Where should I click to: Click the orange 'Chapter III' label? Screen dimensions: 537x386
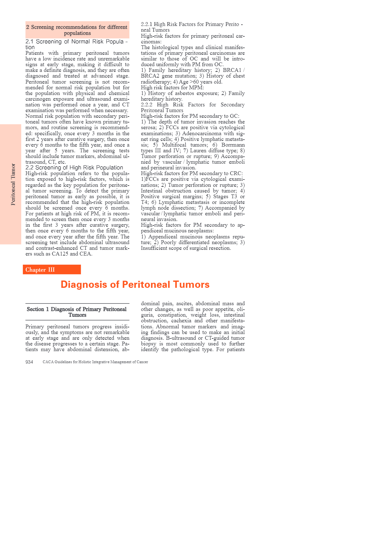click(x=40, y=270)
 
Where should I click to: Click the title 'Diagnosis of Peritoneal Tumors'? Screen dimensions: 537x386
click(x=135, y=284)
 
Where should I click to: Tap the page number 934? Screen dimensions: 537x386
click(x=29, y=362)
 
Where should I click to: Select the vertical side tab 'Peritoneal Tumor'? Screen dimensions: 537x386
click(x=13, y=184)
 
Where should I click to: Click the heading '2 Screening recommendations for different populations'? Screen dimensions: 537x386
click(x=77, y=30)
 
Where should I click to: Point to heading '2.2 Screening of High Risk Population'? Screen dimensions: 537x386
click(x=74, y=167)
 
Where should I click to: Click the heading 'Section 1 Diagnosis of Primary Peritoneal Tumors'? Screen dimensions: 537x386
click(x=77, y=312)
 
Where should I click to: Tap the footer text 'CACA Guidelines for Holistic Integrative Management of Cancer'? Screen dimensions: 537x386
click(x=95, y=362)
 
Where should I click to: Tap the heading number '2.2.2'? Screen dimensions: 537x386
click(x=146, y=105)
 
